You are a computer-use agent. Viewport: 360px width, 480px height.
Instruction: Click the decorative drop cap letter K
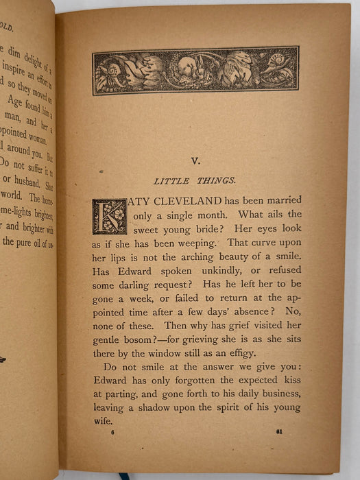[110, 217]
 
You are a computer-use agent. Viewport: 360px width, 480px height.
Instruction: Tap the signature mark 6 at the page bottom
[112, 432]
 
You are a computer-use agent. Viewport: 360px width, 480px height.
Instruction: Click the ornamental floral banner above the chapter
[195, 71]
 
